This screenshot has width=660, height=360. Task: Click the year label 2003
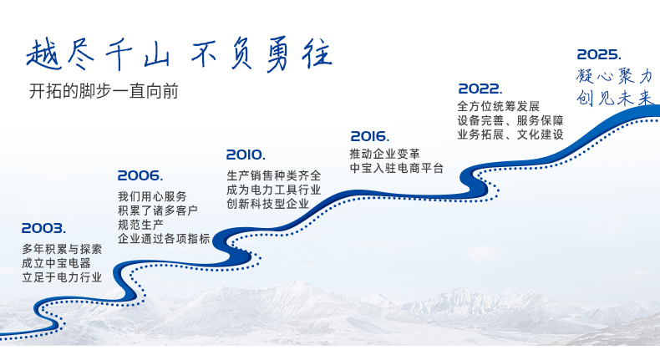[43, 228]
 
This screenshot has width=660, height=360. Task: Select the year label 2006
[140, 175]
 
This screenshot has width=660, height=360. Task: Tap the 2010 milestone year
[246, 155]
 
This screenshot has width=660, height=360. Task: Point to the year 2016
[370, 136]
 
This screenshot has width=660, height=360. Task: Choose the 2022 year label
[480, 89]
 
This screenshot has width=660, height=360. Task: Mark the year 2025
[599, 54]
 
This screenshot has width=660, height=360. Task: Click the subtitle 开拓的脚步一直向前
[104, 91]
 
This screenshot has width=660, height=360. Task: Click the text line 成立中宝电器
[57, 263]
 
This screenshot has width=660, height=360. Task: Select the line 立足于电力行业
[62, 277]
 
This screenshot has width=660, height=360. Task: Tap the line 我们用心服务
[152, 196]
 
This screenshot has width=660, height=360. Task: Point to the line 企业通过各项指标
[164, 239]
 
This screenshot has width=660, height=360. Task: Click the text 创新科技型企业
[268, 204]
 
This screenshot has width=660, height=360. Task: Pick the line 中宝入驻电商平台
[397, 169]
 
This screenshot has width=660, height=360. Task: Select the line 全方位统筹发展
[499, 106]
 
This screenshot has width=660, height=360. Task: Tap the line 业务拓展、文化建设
[510, 134]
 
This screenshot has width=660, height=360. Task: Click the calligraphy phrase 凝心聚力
[615, 76]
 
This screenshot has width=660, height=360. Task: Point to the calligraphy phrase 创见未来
[615, 98]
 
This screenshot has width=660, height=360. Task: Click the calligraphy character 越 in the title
[44, 54]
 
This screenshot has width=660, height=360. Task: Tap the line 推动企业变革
[384, 154]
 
